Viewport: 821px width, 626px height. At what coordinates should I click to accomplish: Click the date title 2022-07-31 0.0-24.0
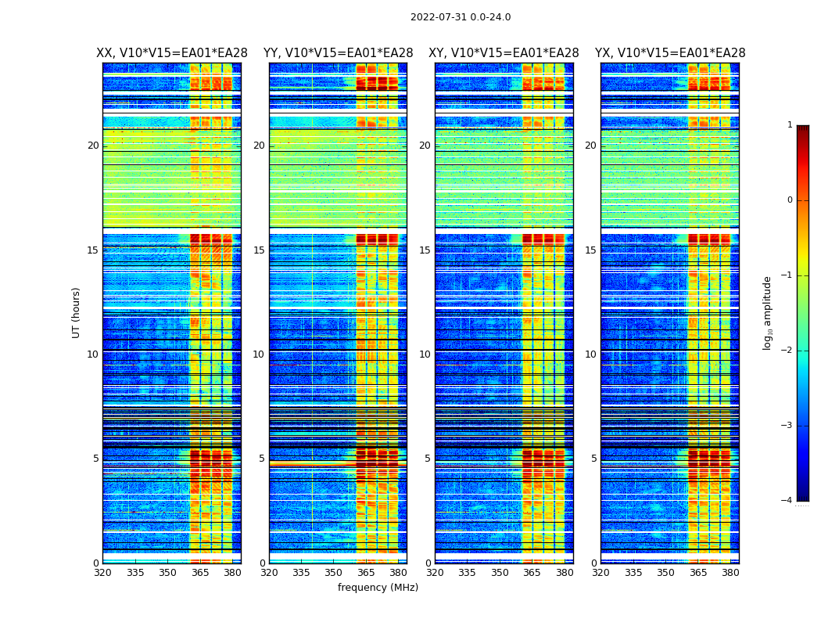461,17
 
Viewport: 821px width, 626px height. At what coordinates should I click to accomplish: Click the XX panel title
172,53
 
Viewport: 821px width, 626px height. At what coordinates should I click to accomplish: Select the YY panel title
338,53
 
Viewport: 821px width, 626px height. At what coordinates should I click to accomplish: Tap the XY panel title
504,53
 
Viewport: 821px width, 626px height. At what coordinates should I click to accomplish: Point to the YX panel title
670,53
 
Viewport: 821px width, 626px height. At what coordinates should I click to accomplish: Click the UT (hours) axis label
77,312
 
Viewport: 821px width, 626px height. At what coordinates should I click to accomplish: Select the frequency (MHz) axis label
378,588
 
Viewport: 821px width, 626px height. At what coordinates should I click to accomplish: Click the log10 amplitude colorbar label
768,312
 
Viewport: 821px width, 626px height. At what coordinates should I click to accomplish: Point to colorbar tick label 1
789,125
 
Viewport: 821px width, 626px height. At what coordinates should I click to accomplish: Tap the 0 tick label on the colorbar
789,200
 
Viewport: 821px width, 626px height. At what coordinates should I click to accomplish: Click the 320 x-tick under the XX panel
102,573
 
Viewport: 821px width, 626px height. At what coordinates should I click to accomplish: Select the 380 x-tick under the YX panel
730,573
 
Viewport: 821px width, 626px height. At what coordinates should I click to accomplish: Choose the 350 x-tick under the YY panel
334,573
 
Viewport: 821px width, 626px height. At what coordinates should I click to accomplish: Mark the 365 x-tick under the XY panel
532,573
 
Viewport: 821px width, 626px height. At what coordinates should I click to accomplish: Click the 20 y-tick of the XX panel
93,146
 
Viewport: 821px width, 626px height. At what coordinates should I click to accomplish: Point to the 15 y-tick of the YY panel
259,250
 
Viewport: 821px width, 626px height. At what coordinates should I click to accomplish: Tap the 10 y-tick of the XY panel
425,354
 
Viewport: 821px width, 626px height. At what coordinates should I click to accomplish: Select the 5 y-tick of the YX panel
593,459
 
